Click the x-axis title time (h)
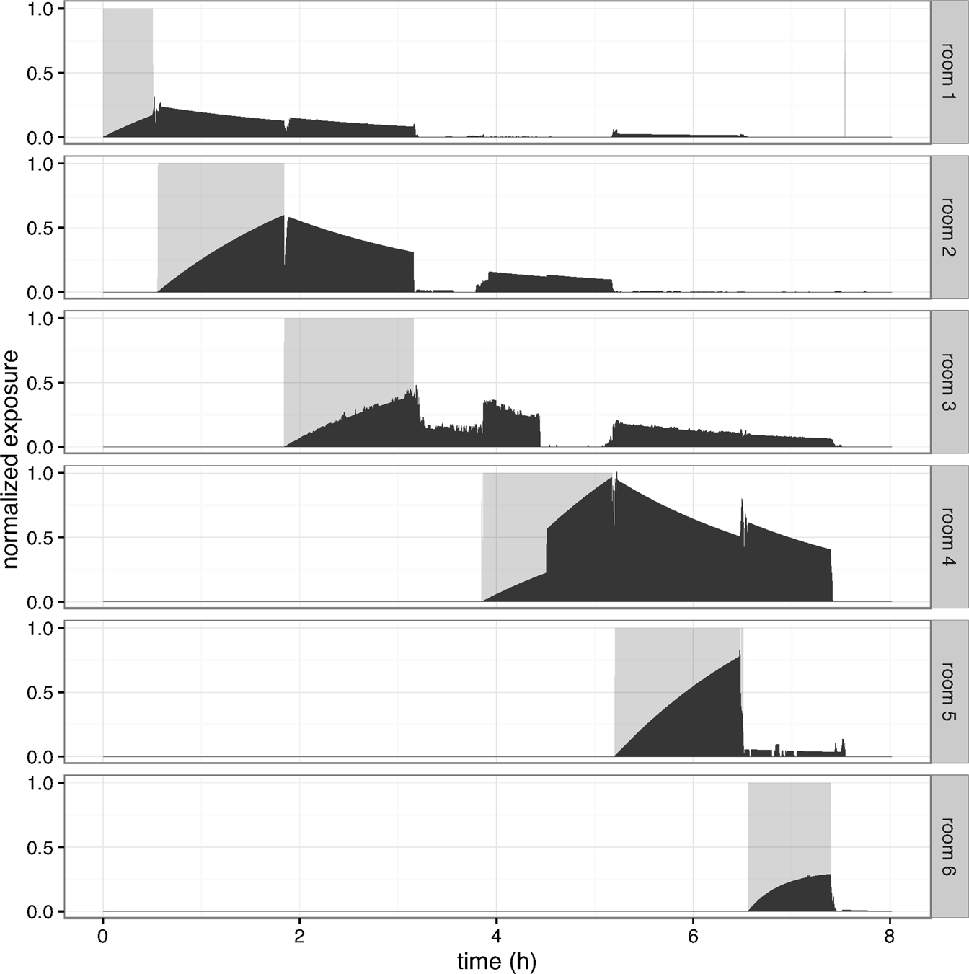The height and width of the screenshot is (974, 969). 497,960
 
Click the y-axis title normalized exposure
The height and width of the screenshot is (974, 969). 11,459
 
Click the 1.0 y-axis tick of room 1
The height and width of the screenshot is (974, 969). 40,9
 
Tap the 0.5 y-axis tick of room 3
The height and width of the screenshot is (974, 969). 40,383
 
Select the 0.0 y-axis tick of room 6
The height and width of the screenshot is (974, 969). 40,912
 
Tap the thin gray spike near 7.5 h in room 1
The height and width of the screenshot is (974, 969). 845,72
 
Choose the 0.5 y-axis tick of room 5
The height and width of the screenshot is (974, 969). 40,693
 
